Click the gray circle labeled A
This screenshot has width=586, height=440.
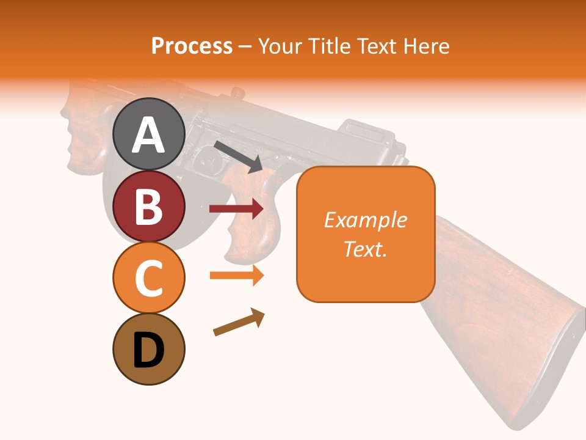point(148,134)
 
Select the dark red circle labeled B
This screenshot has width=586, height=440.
point(148,206)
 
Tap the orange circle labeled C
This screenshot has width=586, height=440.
point(148,278)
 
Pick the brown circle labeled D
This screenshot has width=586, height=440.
point(148,350)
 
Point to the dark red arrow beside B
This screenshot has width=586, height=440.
point(236,209)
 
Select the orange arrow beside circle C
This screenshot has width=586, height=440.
point(236,275)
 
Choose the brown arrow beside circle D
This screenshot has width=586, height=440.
point(239,322)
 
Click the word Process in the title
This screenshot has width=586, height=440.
point(192,46)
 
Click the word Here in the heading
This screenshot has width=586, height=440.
point(425,46)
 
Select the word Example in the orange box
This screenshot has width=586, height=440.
point(365,220)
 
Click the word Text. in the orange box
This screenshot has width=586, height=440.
point(365,249)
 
